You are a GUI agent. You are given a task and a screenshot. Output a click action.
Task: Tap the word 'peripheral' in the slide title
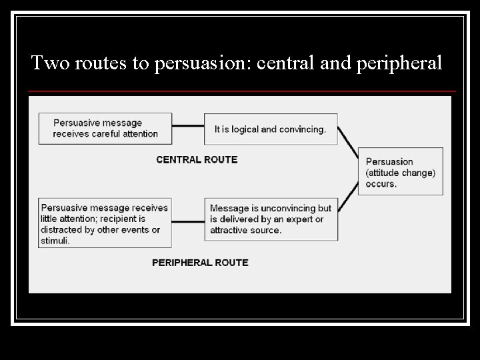click(403, 63)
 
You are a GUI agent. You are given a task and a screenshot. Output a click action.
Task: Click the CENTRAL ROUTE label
click(197, 159)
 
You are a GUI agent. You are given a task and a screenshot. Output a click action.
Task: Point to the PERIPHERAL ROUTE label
click(200, 263)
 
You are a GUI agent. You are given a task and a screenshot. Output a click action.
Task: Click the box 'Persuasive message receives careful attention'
click(105, 128)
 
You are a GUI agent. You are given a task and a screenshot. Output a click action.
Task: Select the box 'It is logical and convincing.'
click(271, 129)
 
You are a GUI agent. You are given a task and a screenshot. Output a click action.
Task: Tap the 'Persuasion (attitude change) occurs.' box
click(400, 172)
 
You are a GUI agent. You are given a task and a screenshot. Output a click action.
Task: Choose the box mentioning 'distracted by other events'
click(104, 223)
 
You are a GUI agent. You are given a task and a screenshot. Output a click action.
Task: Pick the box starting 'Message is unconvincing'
click(271, 219)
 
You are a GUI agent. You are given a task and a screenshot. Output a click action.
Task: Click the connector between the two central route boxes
click(188, 125)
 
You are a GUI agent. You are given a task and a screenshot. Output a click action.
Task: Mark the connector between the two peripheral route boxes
click(188, 221)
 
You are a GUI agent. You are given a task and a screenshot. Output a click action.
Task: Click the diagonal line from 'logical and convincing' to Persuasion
click(347, 145)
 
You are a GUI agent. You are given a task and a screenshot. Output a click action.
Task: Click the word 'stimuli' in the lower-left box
click(55, 241)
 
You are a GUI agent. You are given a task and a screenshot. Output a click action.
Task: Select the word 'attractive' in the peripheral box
click(231, 230)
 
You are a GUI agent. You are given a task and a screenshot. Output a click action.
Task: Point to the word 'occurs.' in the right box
click(381, 183)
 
